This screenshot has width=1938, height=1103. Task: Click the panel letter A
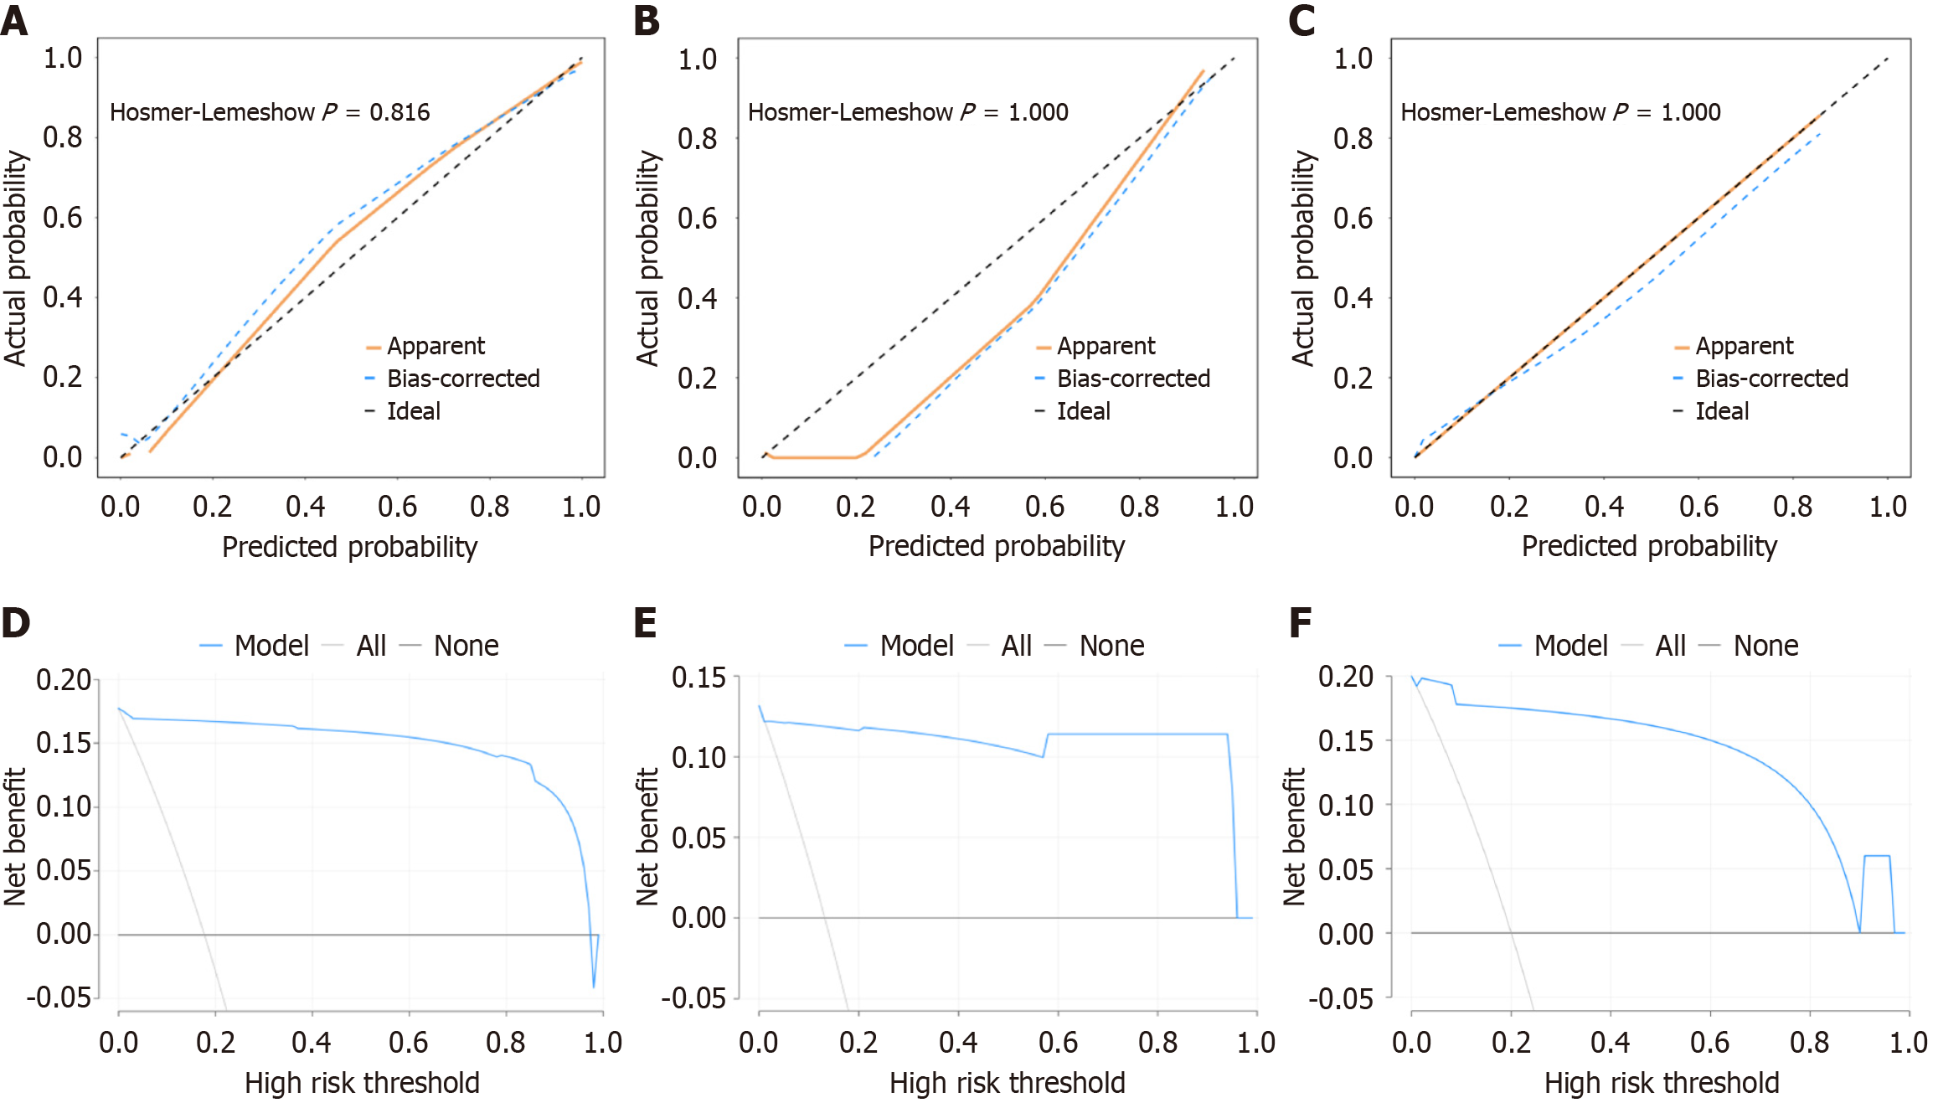click(14, 20)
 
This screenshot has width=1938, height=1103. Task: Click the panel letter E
click(645, 623)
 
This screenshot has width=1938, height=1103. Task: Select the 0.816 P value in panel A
click(399, 112)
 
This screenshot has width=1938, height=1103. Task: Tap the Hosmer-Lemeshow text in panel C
click(1502, 112)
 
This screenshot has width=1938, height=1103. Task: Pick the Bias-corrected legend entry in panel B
click(1132, 379)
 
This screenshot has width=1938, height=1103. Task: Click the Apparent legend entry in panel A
click(435, 346)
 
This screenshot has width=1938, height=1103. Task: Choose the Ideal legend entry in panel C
click(1721, 411)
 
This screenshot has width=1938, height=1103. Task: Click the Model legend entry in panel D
click(271, 646)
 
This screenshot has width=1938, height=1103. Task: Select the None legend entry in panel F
click(1765, 646)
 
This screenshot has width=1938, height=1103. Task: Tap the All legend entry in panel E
click(1016, 646)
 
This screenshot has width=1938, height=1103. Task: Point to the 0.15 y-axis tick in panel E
click(698, 678)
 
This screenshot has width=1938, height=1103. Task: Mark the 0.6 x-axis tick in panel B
click(1044, 507)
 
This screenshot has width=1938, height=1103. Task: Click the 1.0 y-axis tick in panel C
click(1353, 59)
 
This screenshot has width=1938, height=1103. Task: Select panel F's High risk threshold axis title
click(1661, 1083)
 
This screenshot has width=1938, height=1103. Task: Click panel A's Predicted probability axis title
click(349, 547)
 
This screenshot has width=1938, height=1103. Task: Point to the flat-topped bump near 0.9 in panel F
click(1877, 856)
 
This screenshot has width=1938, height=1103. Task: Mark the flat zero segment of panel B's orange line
click(812, 457)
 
